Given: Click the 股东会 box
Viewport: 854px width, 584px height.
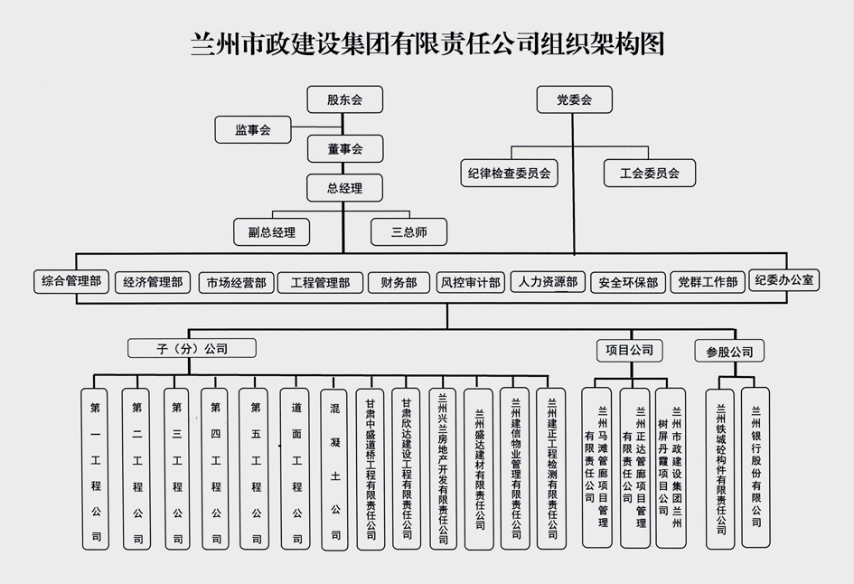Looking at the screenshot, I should point(344,99).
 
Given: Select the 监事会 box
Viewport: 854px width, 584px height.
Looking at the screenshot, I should point(253,129).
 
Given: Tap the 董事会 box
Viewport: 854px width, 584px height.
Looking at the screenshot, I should point(344,148).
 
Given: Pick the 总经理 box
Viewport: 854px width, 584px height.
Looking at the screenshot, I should point(344,189).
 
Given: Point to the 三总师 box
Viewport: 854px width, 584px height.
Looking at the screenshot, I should point(408,232).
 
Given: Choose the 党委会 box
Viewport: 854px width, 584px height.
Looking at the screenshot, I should point(574,99).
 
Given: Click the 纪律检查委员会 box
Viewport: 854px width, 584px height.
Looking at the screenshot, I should point(510,172).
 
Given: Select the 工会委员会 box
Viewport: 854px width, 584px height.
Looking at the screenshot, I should point(650,172).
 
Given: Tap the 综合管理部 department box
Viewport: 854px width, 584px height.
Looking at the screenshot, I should point(70,282).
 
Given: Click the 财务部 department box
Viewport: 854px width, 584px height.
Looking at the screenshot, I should point(399,283).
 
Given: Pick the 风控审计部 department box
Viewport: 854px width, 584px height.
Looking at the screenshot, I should point(470,283).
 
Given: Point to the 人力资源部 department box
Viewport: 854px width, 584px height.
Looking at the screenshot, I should point(549,282).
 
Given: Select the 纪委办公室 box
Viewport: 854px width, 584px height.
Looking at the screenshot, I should point(785,280).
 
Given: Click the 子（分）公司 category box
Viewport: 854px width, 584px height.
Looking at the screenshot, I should point(191,348).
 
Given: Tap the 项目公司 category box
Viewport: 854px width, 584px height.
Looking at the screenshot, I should point(629,349).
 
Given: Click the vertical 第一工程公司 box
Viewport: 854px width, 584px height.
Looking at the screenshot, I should point(96,469).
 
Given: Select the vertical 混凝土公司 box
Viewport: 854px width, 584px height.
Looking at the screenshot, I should point(335,469).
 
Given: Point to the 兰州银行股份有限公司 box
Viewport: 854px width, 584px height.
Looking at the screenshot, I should point(755,467).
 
